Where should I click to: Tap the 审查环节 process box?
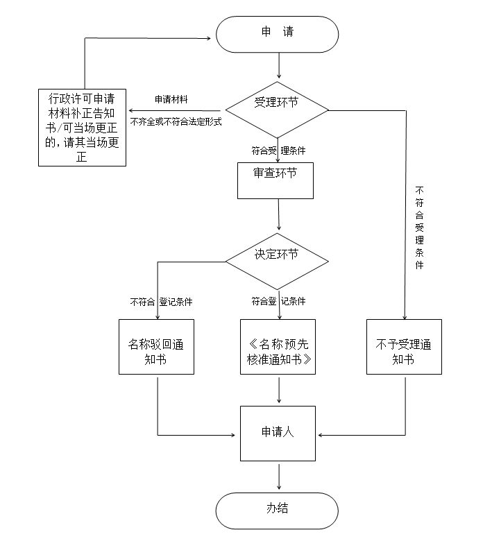pos(275,180)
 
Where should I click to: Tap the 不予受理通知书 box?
pos(403,352)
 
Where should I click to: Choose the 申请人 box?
pos(278,433)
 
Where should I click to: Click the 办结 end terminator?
pos(278,510)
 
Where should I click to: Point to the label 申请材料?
pos(171,99)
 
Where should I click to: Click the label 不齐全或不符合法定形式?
pos(175,122)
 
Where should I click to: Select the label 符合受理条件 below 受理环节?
pos(278,150)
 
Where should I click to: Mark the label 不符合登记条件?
pos(161,302)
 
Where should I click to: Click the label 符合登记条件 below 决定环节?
pos(278,302)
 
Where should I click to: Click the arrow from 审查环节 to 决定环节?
pos(278,214)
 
